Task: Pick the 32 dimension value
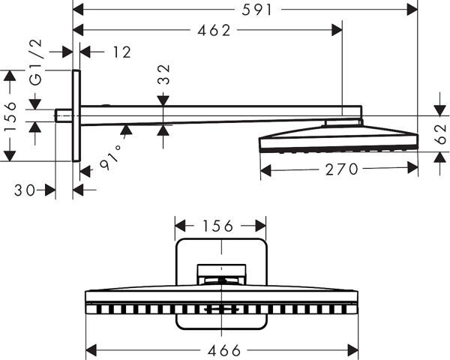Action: [164, 74]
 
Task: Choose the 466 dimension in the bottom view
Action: [221, 350]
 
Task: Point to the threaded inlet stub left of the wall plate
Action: [64, 115]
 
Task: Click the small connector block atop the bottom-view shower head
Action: [221, 274]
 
